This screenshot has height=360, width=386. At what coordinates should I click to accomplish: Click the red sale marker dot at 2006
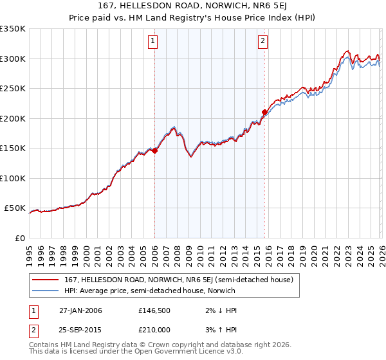click(154, 151)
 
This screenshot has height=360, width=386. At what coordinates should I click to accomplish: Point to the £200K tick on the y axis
click(13, 118)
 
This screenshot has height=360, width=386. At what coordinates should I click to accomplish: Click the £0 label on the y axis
click(20, 239)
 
